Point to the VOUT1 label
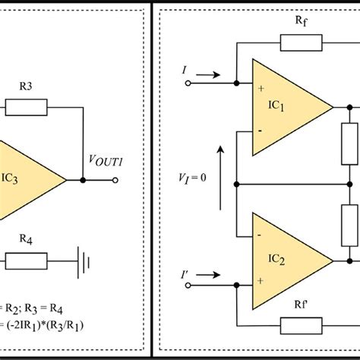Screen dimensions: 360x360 pyautogui.click(x=106, y=161)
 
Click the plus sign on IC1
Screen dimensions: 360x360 pyautogui.click(x=261, y=88)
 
